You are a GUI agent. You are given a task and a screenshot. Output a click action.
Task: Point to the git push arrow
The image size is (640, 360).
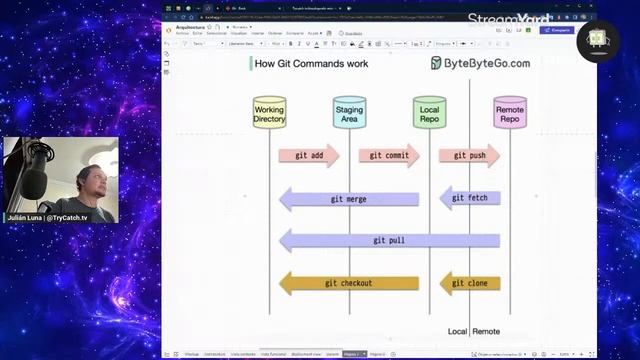coord(469,155)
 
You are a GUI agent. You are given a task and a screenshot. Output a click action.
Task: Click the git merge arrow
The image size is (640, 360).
coord(348,199)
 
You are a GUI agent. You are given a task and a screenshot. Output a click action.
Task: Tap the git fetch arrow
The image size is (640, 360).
coord(470,198)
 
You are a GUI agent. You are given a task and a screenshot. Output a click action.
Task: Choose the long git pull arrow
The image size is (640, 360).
coord(389,241)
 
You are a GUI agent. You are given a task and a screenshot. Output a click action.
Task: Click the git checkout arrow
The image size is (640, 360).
coord(348,283)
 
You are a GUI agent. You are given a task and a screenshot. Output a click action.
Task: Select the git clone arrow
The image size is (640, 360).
coord(470,283)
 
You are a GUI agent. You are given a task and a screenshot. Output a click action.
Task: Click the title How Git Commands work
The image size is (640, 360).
coord(311,63)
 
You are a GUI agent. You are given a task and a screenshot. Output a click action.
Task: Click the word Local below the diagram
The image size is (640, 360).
coord(458,331)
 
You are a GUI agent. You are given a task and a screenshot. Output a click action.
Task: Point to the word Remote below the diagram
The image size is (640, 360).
coord(486,331)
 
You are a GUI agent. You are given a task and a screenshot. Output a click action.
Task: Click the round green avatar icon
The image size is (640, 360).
coord(598,37)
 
